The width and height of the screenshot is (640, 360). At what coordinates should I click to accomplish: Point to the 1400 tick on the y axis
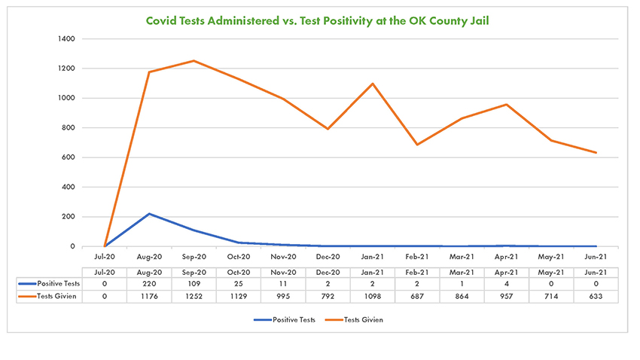click(x=67, y=38)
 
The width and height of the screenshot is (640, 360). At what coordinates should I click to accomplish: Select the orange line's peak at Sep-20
click(x=194, y=61)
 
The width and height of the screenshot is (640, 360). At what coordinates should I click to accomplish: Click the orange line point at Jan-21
click(x=373, y=84)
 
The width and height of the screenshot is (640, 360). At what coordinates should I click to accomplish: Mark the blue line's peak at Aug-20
click(x=149, y=214)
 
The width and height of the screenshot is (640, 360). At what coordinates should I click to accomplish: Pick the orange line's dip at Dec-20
click(x=328, y=129)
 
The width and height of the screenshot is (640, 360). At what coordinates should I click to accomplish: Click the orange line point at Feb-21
click(x=417, y=145)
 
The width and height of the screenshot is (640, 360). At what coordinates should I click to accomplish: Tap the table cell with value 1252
click(x=194, y=296)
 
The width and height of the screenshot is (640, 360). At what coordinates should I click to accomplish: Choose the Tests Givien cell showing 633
click(x=596, y=296)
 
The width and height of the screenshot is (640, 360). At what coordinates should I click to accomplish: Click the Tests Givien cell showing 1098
click(x=373, y=296)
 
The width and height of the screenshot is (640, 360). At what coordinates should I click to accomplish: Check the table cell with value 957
click(x=507, y=296)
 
